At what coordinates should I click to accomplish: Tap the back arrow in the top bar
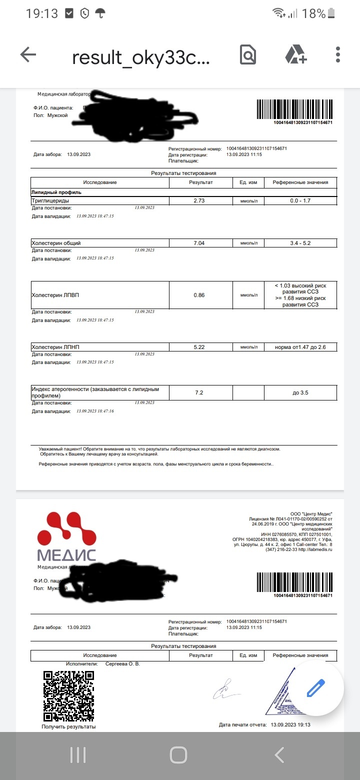[28, 55]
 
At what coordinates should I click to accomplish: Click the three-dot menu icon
[338, 55]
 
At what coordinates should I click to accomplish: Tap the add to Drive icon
[295, 55]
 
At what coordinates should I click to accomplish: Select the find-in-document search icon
[247, 55]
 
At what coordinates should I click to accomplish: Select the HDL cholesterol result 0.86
[199, 295]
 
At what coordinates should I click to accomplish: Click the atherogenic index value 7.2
[199, 392]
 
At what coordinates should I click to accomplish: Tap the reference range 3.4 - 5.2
[300, 243]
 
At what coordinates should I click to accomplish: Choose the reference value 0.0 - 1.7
[300, 201]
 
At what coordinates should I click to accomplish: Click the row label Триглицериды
[50, 201]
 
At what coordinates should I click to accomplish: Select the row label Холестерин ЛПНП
[55, 347]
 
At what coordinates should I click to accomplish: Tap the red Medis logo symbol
[66, 529]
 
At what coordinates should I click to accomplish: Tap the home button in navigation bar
[178, 754]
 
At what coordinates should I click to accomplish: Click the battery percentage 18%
[314, 13]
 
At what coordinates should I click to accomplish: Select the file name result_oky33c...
[141, 57]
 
